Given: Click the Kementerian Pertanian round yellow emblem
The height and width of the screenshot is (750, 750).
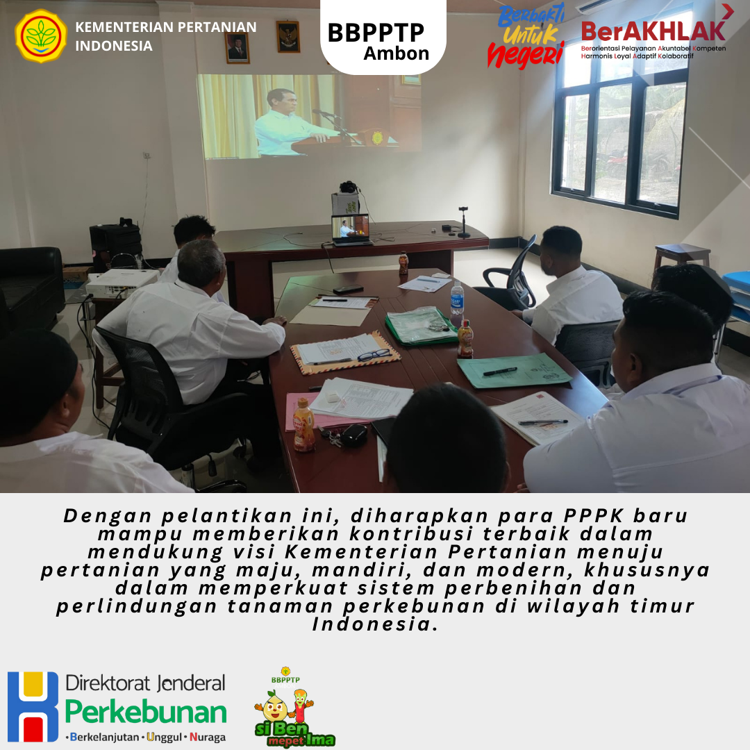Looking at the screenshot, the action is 41,36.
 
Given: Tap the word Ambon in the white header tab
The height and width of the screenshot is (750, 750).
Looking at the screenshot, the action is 396,53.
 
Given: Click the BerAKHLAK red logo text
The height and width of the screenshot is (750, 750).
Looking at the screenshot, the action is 653,31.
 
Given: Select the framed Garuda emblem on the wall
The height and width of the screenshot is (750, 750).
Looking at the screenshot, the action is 288,37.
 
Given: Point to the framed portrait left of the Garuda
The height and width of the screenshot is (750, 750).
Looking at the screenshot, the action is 237,48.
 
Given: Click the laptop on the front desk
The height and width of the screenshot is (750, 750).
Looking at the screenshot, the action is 351,230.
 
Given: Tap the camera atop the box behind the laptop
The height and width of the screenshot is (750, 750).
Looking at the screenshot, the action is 349,187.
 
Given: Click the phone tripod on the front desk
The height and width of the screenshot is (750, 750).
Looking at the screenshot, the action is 463,222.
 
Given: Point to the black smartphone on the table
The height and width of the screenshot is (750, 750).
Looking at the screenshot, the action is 348,290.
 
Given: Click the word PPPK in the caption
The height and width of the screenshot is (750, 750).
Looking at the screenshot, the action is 594,515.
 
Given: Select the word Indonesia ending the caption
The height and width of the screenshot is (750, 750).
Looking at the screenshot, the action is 375,624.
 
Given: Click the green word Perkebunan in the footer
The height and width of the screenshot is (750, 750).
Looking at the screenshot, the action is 146,712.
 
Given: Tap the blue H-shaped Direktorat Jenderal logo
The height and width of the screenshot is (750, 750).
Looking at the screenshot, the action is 33,706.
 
